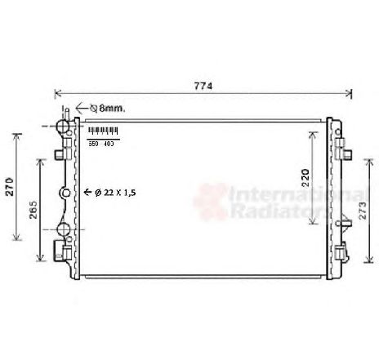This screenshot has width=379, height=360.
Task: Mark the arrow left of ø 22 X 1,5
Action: (87, 192)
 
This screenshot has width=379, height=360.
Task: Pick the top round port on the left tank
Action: (61, 128)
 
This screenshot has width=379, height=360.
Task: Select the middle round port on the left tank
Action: (65, 193)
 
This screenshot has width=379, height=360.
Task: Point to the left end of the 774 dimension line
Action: (56, 94)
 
